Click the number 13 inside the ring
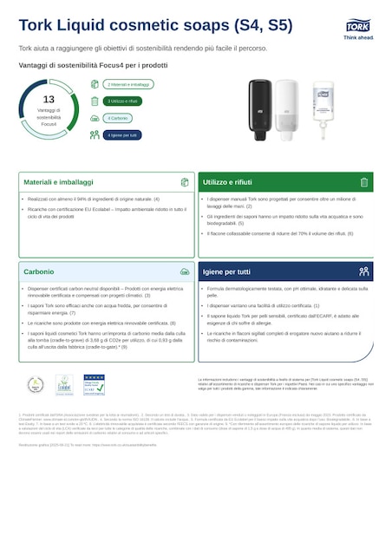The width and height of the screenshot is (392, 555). (x=49, y=100)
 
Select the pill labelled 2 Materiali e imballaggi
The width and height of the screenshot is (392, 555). (x=128, y=84)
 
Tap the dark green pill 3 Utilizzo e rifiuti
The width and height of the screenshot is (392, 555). (x=122, y=101)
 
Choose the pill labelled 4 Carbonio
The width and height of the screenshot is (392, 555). (x=117, y=118)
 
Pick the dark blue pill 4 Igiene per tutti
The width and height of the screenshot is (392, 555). (x=122, y=135)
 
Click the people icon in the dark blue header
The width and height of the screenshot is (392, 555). (x=363, y=271)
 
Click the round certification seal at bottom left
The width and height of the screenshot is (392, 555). (x=36, y=384)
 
